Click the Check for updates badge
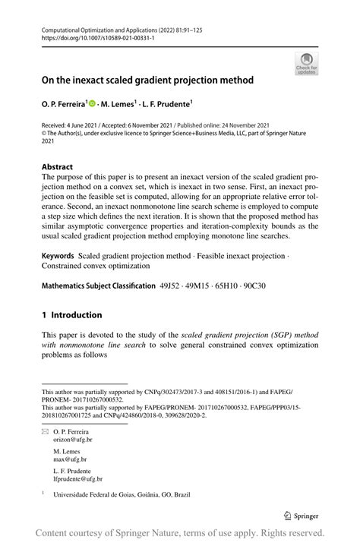tap(306, 63)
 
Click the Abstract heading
tap(58, 167)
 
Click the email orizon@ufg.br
tap(73, 440)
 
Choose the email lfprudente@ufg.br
tap(78, 479)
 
